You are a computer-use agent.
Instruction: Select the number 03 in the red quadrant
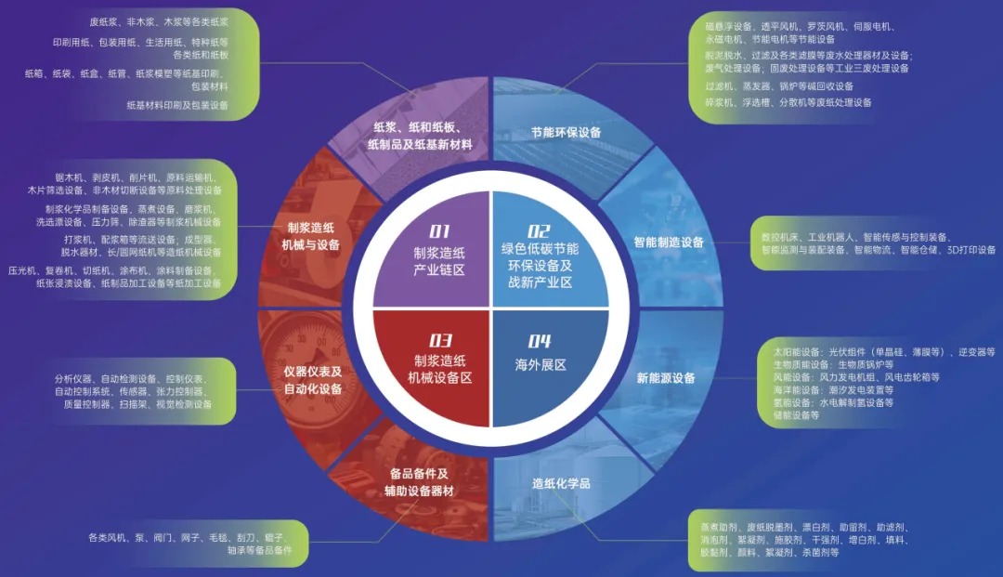click(440, 340)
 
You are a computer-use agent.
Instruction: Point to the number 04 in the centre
click(540, 341)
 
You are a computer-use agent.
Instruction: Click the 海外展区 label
click(541, 365)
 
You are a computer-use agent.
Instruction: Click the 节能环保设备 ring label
click(566, 132)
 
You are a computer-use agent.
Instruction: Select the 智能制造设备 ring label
click(669, 243)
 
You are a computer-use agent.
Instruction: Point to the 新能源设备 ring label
click(666, 378)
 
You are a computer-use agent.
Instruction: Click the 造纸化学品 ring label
click(561, 483)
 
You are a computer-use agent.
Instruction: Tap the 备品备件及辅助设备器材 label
click(420, 481)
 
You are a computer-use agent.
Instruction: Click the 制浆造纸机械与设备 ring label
click(311, 236)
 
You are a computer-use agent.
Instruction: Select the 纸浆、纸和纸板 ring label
click(421, 136)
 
